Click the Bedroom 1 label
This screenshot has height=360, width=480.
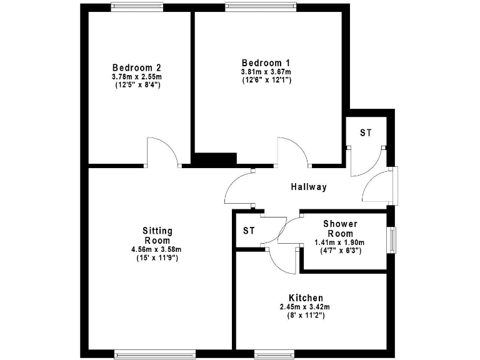click(266, 62)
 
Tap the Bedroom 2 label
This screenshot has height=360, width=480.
click(136, 67)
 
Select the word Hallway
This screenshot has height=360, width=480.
click(309, 187)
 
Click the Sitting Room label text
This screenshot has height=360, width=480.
click(157, 236)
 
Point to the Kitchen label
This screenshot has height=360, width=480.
click(306, 297)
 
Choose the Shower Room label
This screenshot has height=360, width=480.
click(340, 228)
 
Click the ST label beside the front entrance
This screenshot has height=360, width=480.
click(366, 133)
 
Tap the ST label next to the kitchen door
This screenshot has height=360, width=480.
click(249, 231)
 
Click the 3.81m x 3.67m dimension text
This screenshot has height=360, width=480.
click(266, 72)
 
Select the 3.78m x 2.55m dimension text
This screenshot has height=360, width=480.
click(137, 76)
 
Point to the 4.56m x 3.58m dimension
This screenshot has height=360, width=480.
click(157, 249)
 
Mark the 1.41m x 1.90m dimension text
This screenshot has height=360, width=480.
click(339, 242)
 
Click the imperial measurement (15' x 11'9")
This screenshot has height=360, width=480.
click(157, 257)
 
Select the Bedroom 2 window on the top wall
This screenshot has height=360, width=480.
click(137, 6)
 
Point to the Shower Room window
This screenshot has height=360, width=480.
click(392, 238)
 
